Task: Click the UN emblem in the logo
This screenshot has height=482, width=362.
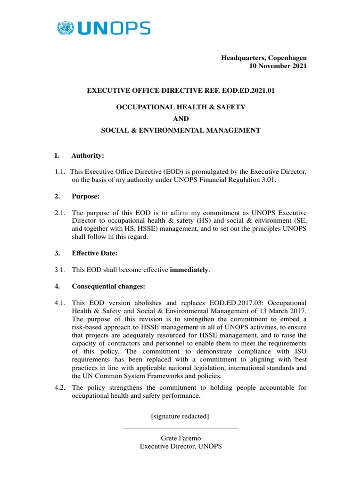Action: tap(66, 28)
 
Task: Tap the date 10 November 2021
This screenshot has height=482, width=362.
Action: tap(278, 66)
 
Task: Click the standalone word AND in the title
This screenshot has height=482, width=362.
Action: tap(181, 119)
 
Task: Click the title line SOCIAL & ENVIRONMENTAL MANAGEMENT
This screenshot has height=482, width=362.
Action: tap(181, 130)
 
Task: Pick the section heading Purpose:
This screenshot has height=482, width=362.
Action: tap(86, 196)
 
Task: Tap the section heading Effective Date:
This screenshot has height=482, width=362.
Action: tap(94, 253)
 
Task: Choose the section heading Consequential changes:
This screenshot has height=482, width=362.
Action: tap(108, 286)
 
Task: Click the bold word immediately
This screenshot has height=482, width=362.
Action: tap(189, 270)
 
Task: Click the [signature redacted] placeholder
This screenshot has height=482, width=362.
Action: tap(181, 416)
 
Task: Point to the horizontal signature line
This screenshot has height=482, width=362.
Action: tap(181, 428)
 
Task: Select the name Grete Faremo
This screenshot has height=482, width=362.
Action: tap(181, 438)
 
